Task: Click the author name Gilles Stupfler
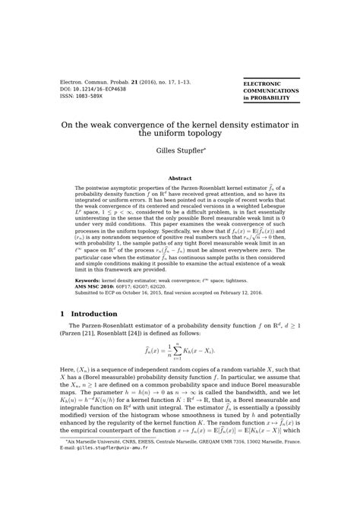pos(179,150)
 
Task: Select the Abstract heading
pos(179,179)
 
